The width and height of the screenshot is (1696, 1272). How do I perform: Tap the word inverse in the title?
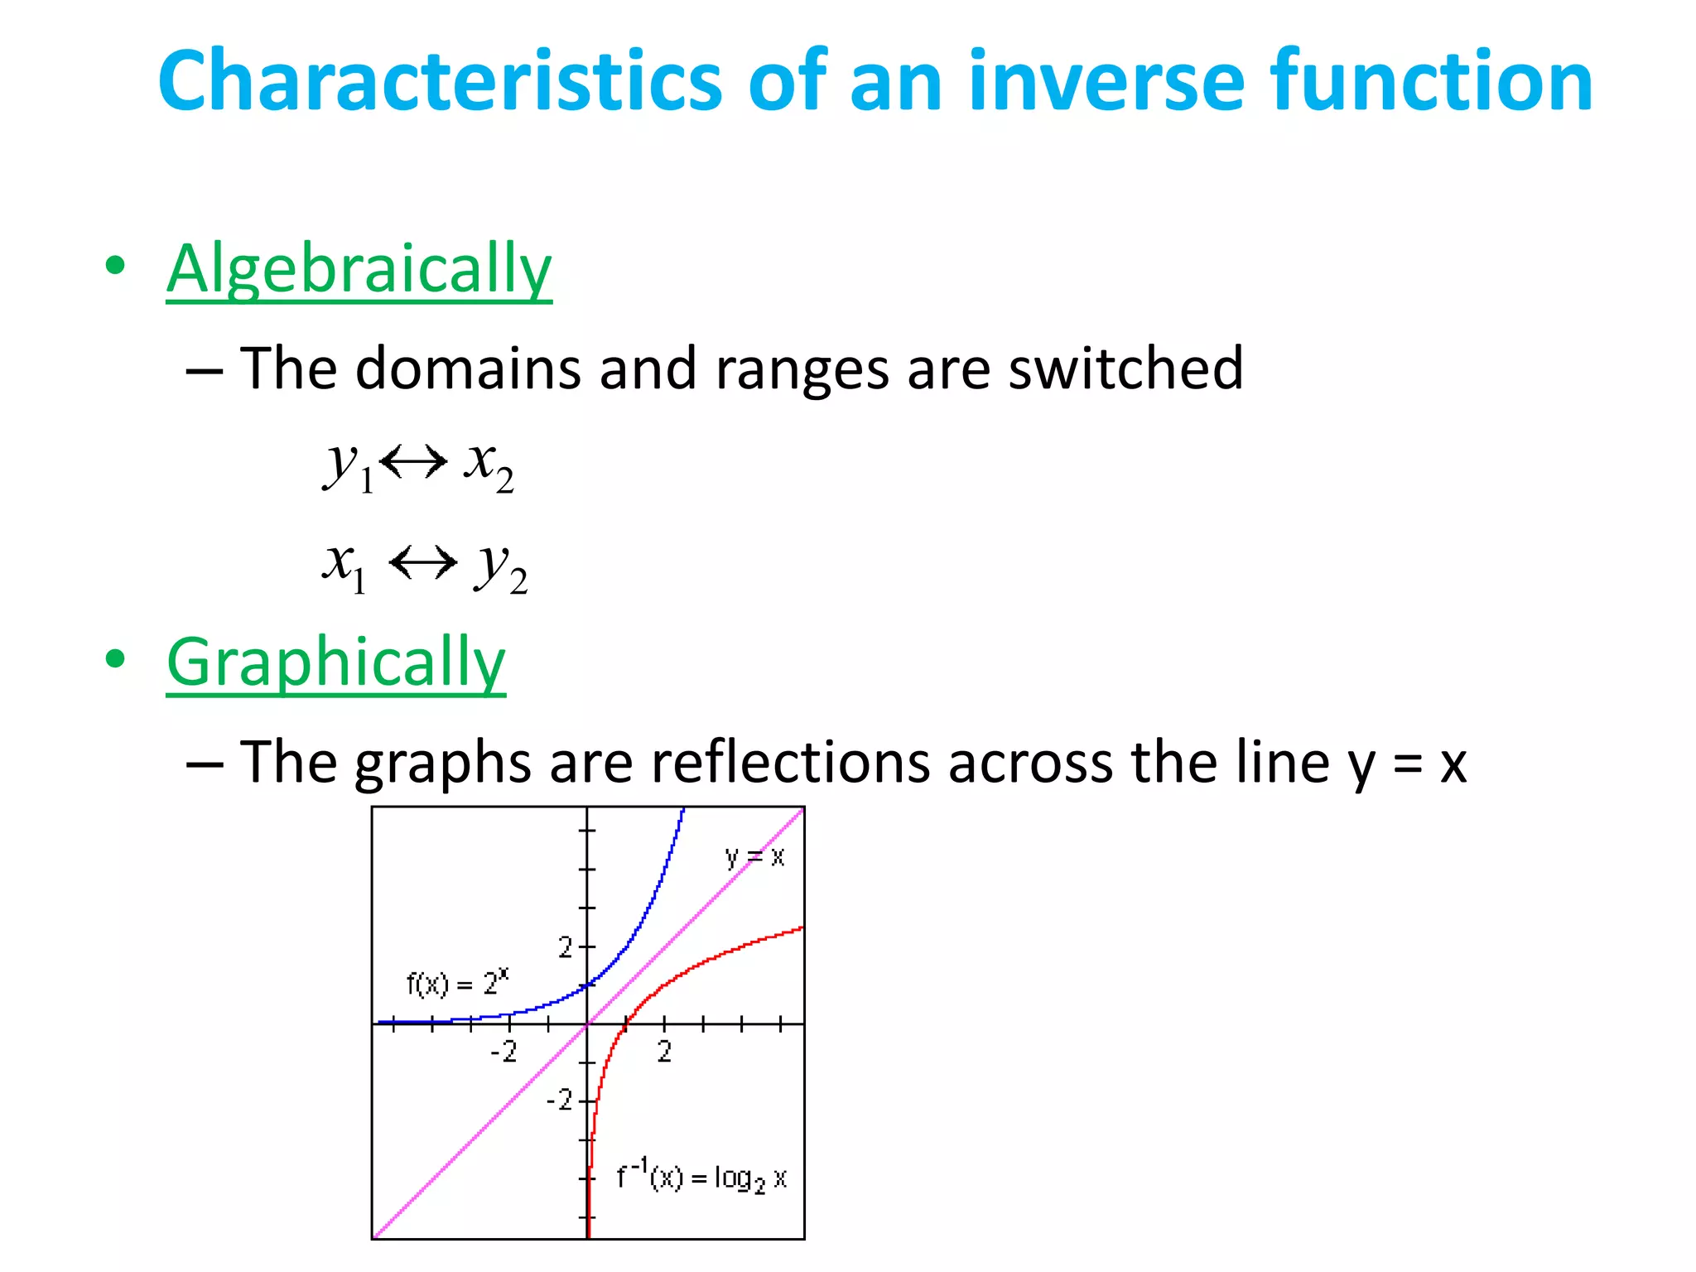1106,80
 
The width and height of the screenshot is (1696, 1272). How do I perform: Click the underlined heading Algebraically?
359,269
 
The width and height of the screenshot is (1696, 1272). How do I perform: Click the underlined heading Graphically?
335,662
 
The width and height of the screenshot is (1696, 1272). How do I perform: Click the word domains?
468,368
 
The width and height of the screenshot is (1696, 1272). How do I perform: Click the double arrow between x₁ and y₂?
422,563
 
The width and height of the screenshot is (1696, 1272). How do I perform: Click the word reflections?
791,762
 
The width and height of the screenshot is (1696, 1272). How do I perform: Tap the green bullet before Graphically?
115,659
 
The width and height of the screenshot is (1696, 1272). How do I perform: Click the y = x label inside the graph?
754,856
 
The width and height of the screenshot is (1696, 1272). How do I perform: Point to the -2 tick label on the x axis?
503,1052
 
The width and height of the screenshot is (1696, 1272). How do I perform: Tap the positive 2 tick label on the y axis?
565,947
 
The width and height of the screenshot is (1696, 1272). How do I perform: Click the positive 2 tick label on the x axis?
664,1052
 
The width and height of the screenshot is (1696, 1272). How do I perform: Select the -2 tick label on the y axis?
560,1100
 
